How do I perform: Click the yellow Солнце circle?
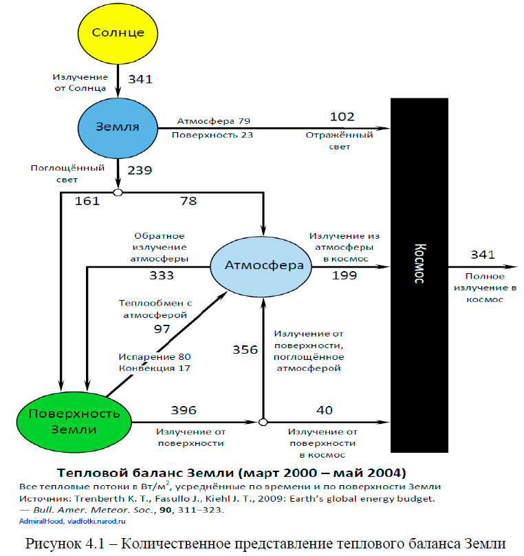[x=118, y=33]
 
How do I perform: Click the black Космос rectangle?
[x=419, y=275]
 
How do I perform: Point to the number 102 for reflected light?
[x=342, y=117]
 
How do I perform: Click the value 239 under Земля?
[x=140, y=171]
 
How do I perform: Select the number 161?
[x=87, y=201]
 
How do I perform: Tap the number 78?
[x=188, y=201]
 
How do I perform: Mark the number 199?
[x=345, y=276]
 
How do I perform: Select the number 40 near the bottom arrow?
[x=323, y=411]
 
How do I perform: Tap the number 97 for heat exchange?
[x=162, y=330]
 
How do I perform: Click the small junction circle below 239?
[x=118, y=192]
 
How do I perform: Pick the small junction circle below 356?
[x=262, y=422]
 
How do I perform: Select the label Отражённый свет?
[x=339, y=140]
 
